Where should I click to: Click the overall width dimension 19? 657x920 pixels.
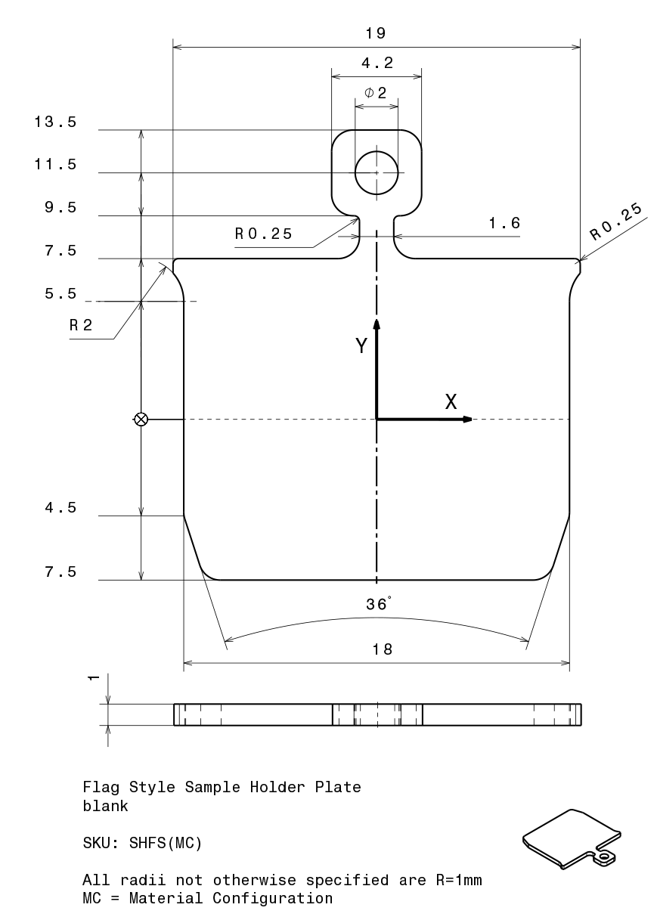click(x=376, y=33)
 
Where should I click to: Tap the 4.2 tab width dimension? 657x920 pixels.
click(x=377, y=64)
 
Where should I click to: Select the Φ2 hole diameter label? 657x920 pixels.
click(x=375, y=93)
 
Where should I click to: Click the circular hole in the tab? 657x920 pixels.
click(x=377, y=173)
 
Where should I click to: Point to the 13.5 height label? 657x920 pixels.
click(x=55, y=122)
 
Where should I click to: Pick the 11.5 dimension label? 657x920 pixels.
click(x=55, y=165)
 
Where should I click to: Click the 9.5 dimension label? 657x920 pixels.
click(x=60, y=207)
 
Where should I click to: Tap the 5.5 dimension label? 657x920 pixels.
click(x=60, y=293)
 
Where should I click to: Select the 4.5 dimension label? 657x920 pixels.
click(x=60, y=508)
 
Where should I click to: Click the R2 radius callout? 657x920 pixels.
click(x=81, y=325)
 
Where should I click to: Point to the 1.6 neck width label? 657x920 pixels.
click(x=504, y=223)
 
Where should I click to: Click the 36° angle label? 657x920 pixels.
click(x=379, y=604)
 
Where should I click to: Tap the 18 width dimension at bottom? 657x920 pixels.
click(x=382, y=649)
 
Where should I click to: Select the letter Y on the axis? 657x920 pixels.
click(x=361, y=345)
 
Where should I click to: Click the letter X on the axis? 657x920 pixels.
click(x=451, y=401)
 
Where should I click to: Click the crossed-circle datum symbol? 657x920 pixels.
click(x=141, y=420)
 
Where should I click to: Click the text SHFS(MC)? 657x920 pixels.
click(x=166, y=843)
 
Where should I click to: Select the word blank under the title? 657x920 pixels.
click(x=105, y=807)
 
